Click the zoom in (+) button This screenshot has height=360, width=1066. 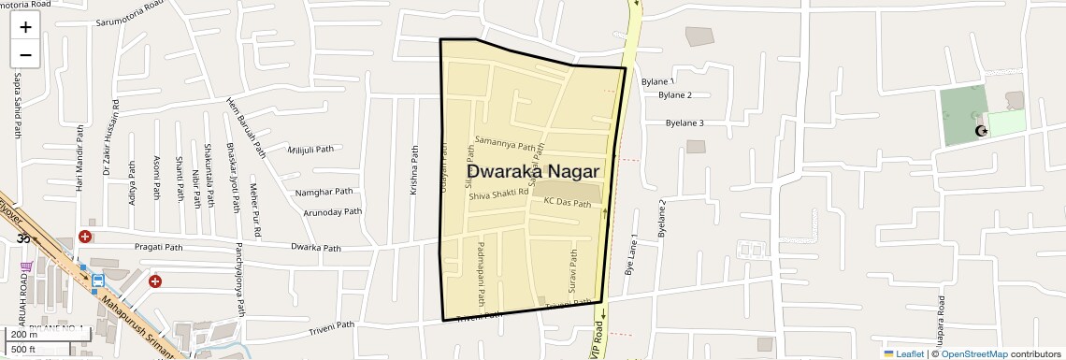pos(25,27)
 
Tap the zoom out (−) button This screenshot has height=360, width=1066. pos(25,55)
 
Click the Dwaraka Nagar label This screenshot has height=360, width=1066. pos(533,171)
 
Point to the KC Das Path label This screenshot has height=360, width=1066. pos(568,202)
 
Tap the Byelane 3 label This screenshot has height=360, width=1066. pos(684,122)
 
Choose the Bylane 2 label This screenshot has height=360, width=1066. pos(675,95)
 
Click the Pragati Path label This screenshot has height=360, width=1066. pos(158,247)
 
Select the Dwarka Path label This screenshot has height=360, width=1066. pos(315,248)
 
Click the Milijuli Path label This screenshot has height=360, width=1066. pos(311,150)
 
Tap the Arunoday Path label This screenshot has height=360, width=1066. pos(333,212)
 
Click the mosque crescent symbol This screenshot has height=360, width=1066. pos(981,131)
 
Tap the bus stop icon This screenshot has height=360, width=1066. pos(97,280)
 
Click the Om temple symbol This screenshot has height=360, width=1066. pos(23,238)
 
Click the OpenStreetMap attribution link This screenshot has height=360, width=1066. pos(973,353)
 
